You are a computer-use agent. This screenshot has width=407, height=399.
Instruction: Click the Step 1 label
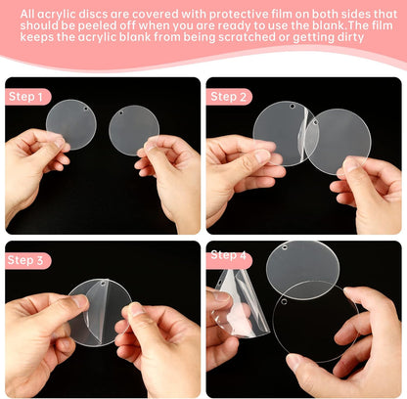26,97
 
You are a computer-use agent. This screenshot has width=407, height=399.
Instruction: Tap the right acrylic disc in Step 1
134,130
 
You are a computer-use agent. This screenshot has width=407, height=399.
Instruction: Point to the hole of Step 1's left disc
85,105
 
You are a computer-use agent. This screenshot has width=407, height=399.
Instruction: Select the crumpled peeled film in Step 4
235,303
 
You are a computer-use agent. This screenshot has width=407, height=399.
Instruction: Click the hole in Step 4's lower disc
283,302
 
